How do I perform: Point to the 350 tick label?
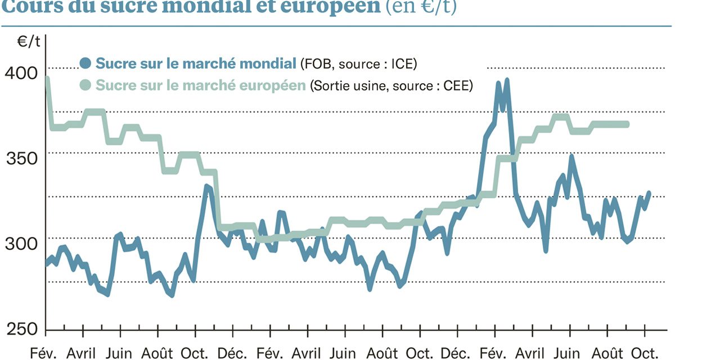[x=22, y=158]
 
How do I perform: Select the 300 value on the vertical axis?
[x=22, y=244]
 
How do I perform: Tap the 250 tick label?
[x=22, y=328]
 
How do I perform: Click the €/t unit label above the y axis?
[x=29, y=41]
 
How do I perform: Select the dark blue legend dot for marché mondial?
[x=85, y=63]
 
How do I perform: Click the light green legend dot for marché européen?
[x=85, y=85]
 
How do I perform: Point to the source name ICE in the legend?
[x=403, y=64]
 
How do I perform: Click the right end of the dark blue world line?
[x=649, y=193]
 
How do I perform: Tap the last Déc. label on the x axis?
[x=456, y=353]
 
